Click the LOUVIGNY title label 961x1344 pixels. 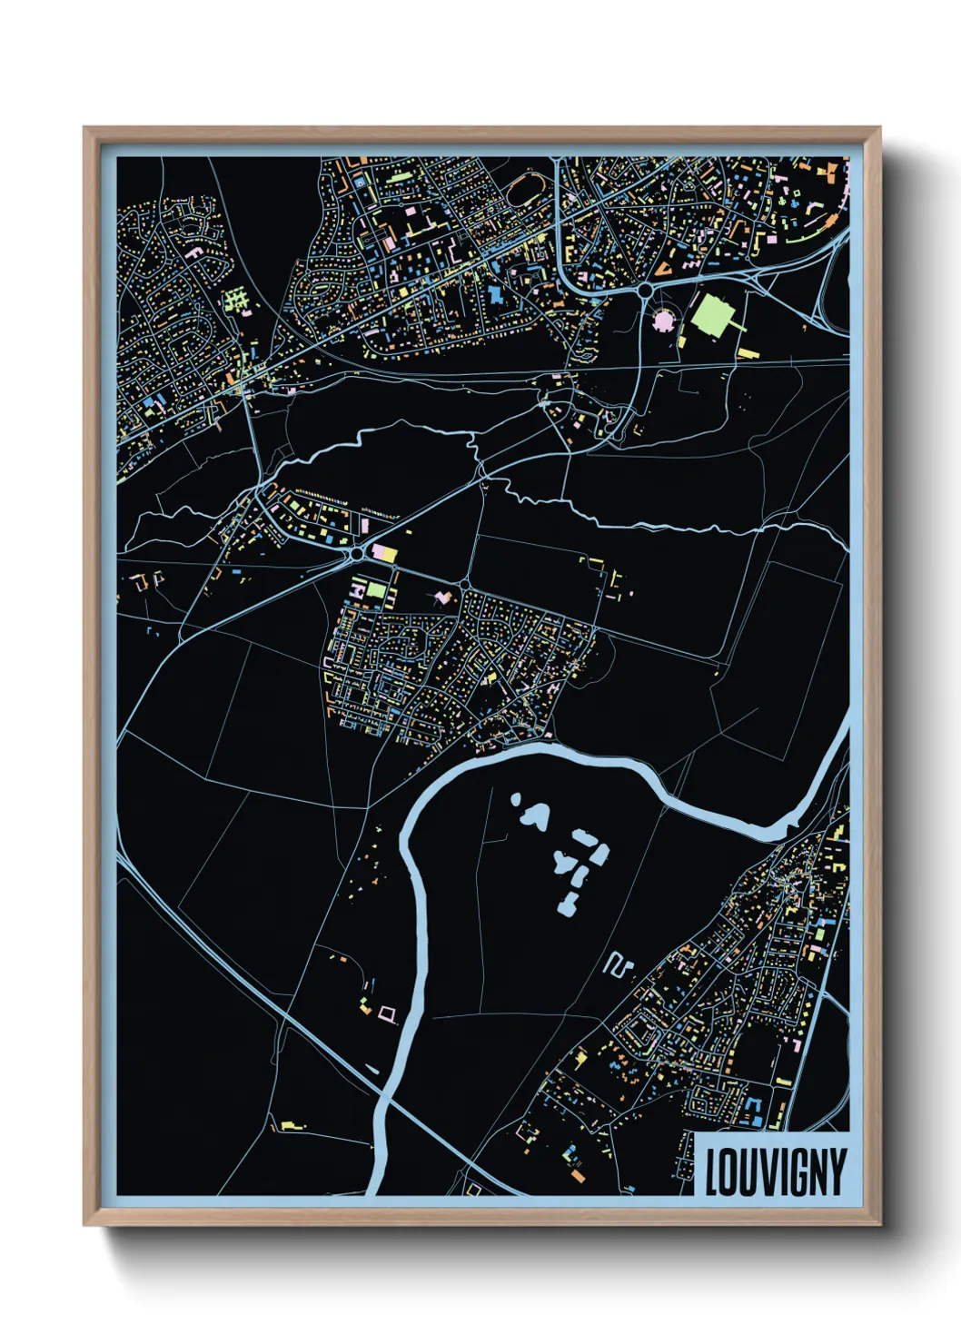[x=775, y=1171]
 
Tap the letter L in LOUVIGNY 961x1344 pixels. [x=713, y=1172]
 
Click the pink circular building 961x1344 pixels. [x=665, y=319]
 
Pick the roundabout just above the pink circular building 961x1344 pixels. [x=644, y=290]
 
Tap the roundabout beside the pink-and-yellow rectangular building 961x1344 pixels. [x=357, y=553]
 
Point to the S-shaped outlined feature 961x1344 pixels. [x=618, y=964]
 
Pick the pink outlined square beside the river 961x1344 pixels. [x=388, y=1014]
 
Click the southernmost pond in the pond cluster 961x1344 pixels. [x=570, y=904]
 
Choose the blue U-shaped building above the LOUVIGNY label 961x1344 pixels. [x=751, y=1108]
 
